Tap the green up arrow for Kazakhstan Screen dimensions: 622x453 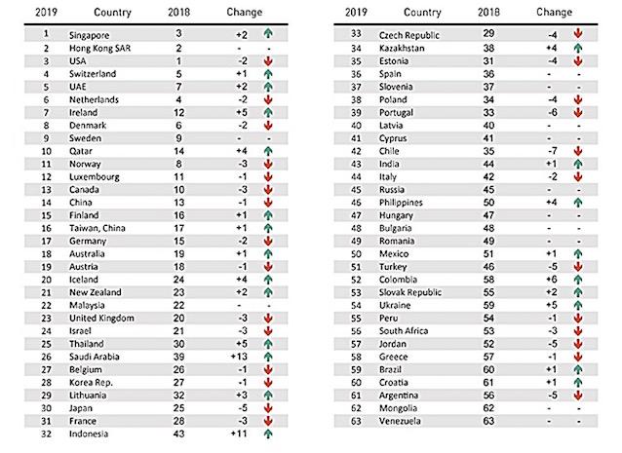coord(579,46)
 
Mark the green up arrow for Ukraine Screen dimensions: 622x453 coord(579,304)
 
